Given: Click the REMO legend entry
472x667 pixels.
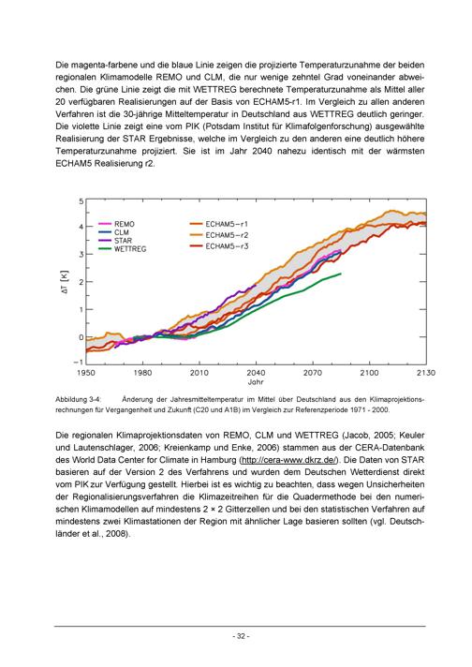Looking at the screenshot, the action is point(125,224).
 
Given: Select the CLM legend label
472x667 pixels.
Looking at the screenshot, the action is point(121,232).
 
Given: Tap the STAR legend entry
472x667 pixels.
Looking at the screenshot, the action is point(123,241).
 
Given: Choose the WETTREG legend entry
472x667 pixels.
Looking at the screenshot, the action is point(129,249).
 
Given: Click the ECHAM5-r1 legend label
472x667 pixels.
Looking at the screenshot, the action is point(227,224).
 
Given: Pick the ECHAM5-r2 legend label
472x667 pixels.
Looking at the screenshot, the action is point(227,235).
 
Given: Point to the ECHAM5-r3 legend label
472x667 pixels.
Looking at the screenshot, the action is point(227,246).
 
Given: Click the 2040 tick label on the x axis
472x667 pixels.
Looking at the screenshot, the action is point(256,373).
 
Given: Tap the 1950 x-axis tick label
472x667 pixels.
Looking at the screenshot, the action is point(86,373).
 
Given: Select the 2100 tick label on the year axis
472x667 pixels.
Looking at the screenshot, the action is point(369,373).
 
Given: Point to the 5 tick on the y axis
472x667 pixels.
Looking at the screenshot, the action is point(81,201).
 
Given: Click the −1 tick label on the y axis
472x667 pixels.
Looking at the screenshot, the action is point(79,362).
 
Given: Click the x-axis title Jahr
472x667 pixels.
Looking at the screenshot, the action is point(256,382).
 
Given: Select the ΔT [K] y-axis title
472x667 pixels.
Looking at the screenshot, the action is point(65,282).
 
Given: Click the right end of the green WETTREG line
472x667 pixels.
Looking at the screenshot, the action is point(341,274).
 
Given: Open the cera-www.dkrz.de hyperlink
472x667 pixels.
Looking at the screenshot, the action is point(288,460).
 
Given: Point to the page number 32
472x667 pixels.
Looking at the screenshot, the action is point(241,636).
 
